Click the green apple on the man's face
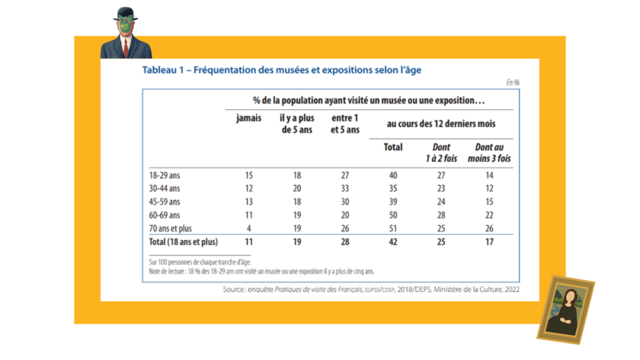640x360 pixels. (126, 27)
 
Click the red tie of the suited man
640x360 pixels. (126, 48)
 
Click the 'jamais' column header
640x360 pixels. (249, 119)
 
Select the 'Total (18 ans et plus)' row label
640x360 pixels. (183, 242)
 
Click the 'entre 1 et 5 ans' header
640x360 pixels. (345, 124)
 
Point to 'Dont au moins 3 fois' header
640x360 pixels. (489, 153)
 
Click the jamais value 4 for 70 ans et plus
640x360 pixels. (249, 228)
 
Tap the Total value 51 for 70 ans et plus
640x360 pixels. (393, 228)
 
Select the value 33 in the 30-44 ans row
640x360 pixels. (345, 189)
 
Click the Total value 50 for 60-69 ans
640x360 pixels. (393, 215)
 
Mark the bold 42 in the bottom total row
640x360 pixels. (393, 242)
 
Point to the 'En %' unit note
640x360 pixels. (512, 82)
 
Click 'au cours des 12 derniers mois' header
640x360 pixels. (441, 124)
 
